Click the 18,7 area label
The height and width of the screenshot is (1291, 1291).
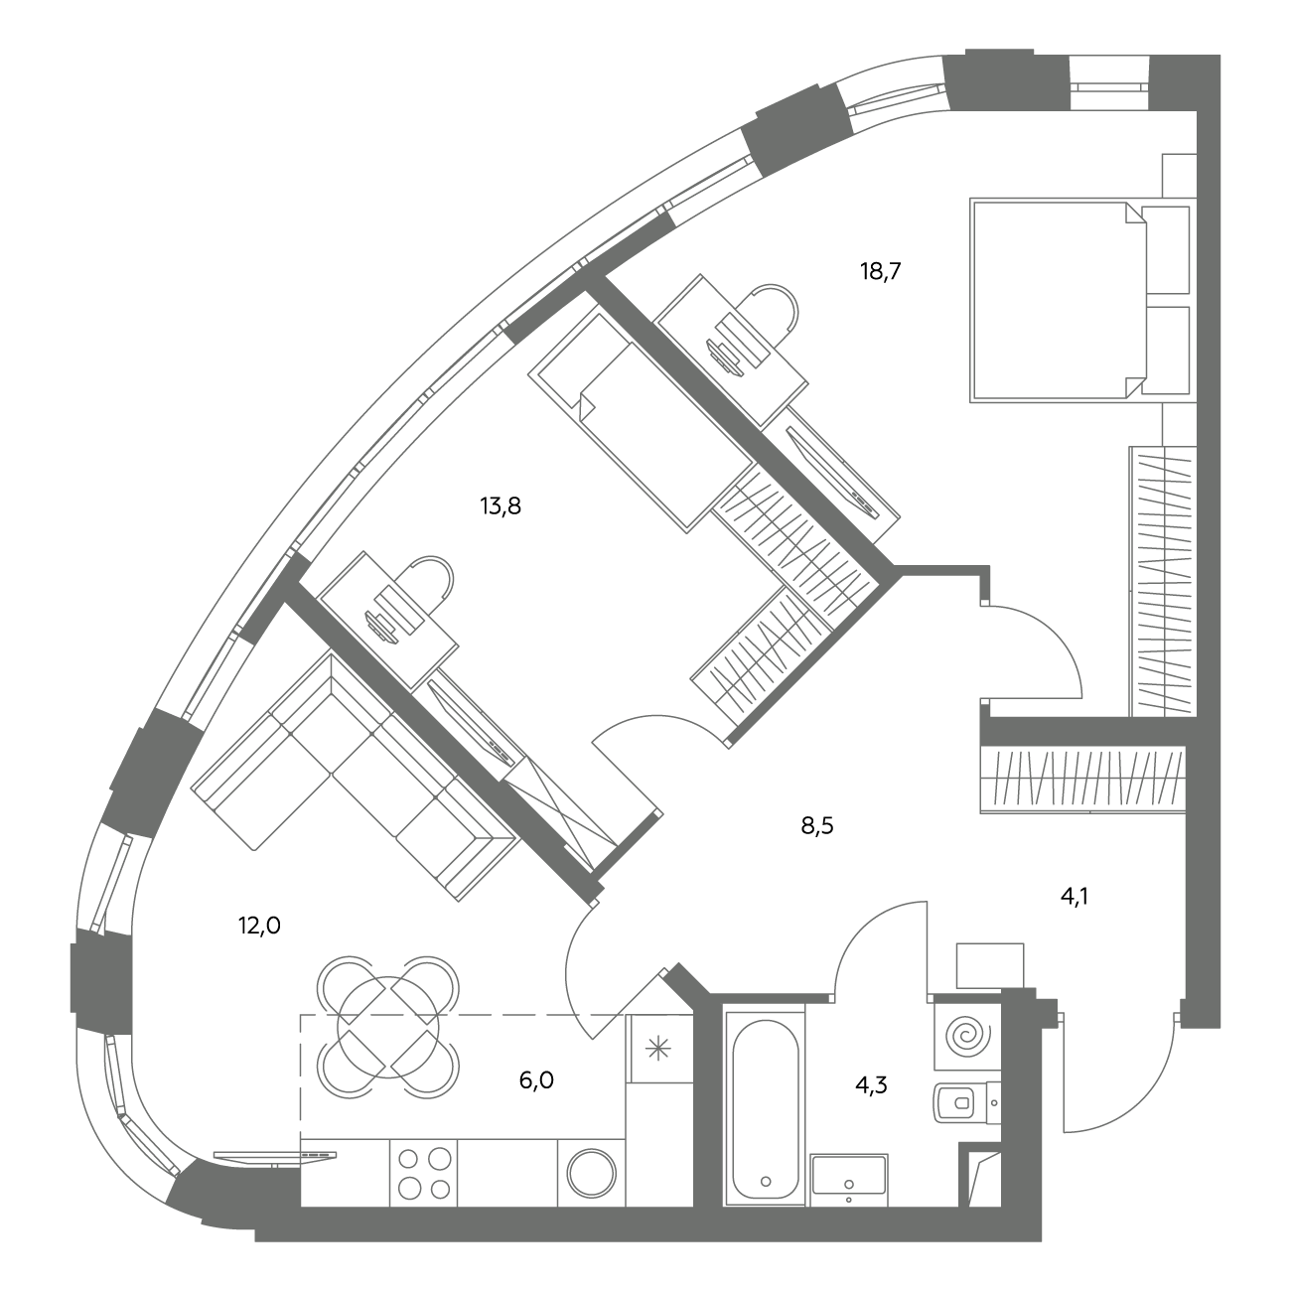click(880, 272)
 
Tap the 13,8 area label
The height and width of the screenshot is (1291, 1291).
click(501, 506)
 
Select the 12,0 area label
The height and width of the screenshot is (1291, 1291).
click(259, 926)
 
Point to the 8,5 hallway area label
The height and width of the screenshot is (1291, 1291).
click(816, 826)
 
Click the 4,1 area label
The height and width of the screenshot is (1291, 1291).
click(1074, 897)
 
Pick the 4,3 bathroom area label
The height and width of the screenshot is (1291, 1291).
click(871, 1084)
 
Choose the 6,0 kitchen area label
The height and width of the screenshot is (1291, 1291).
click(536, 1080)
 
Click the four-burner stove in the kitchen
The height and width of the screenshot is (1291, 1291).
click(423, 1173)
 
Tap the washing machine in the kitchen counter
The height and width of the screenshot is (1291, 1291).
click(592, 1173)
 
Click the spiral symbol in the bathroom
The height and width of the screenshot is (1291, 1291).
click(966, 1037)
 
